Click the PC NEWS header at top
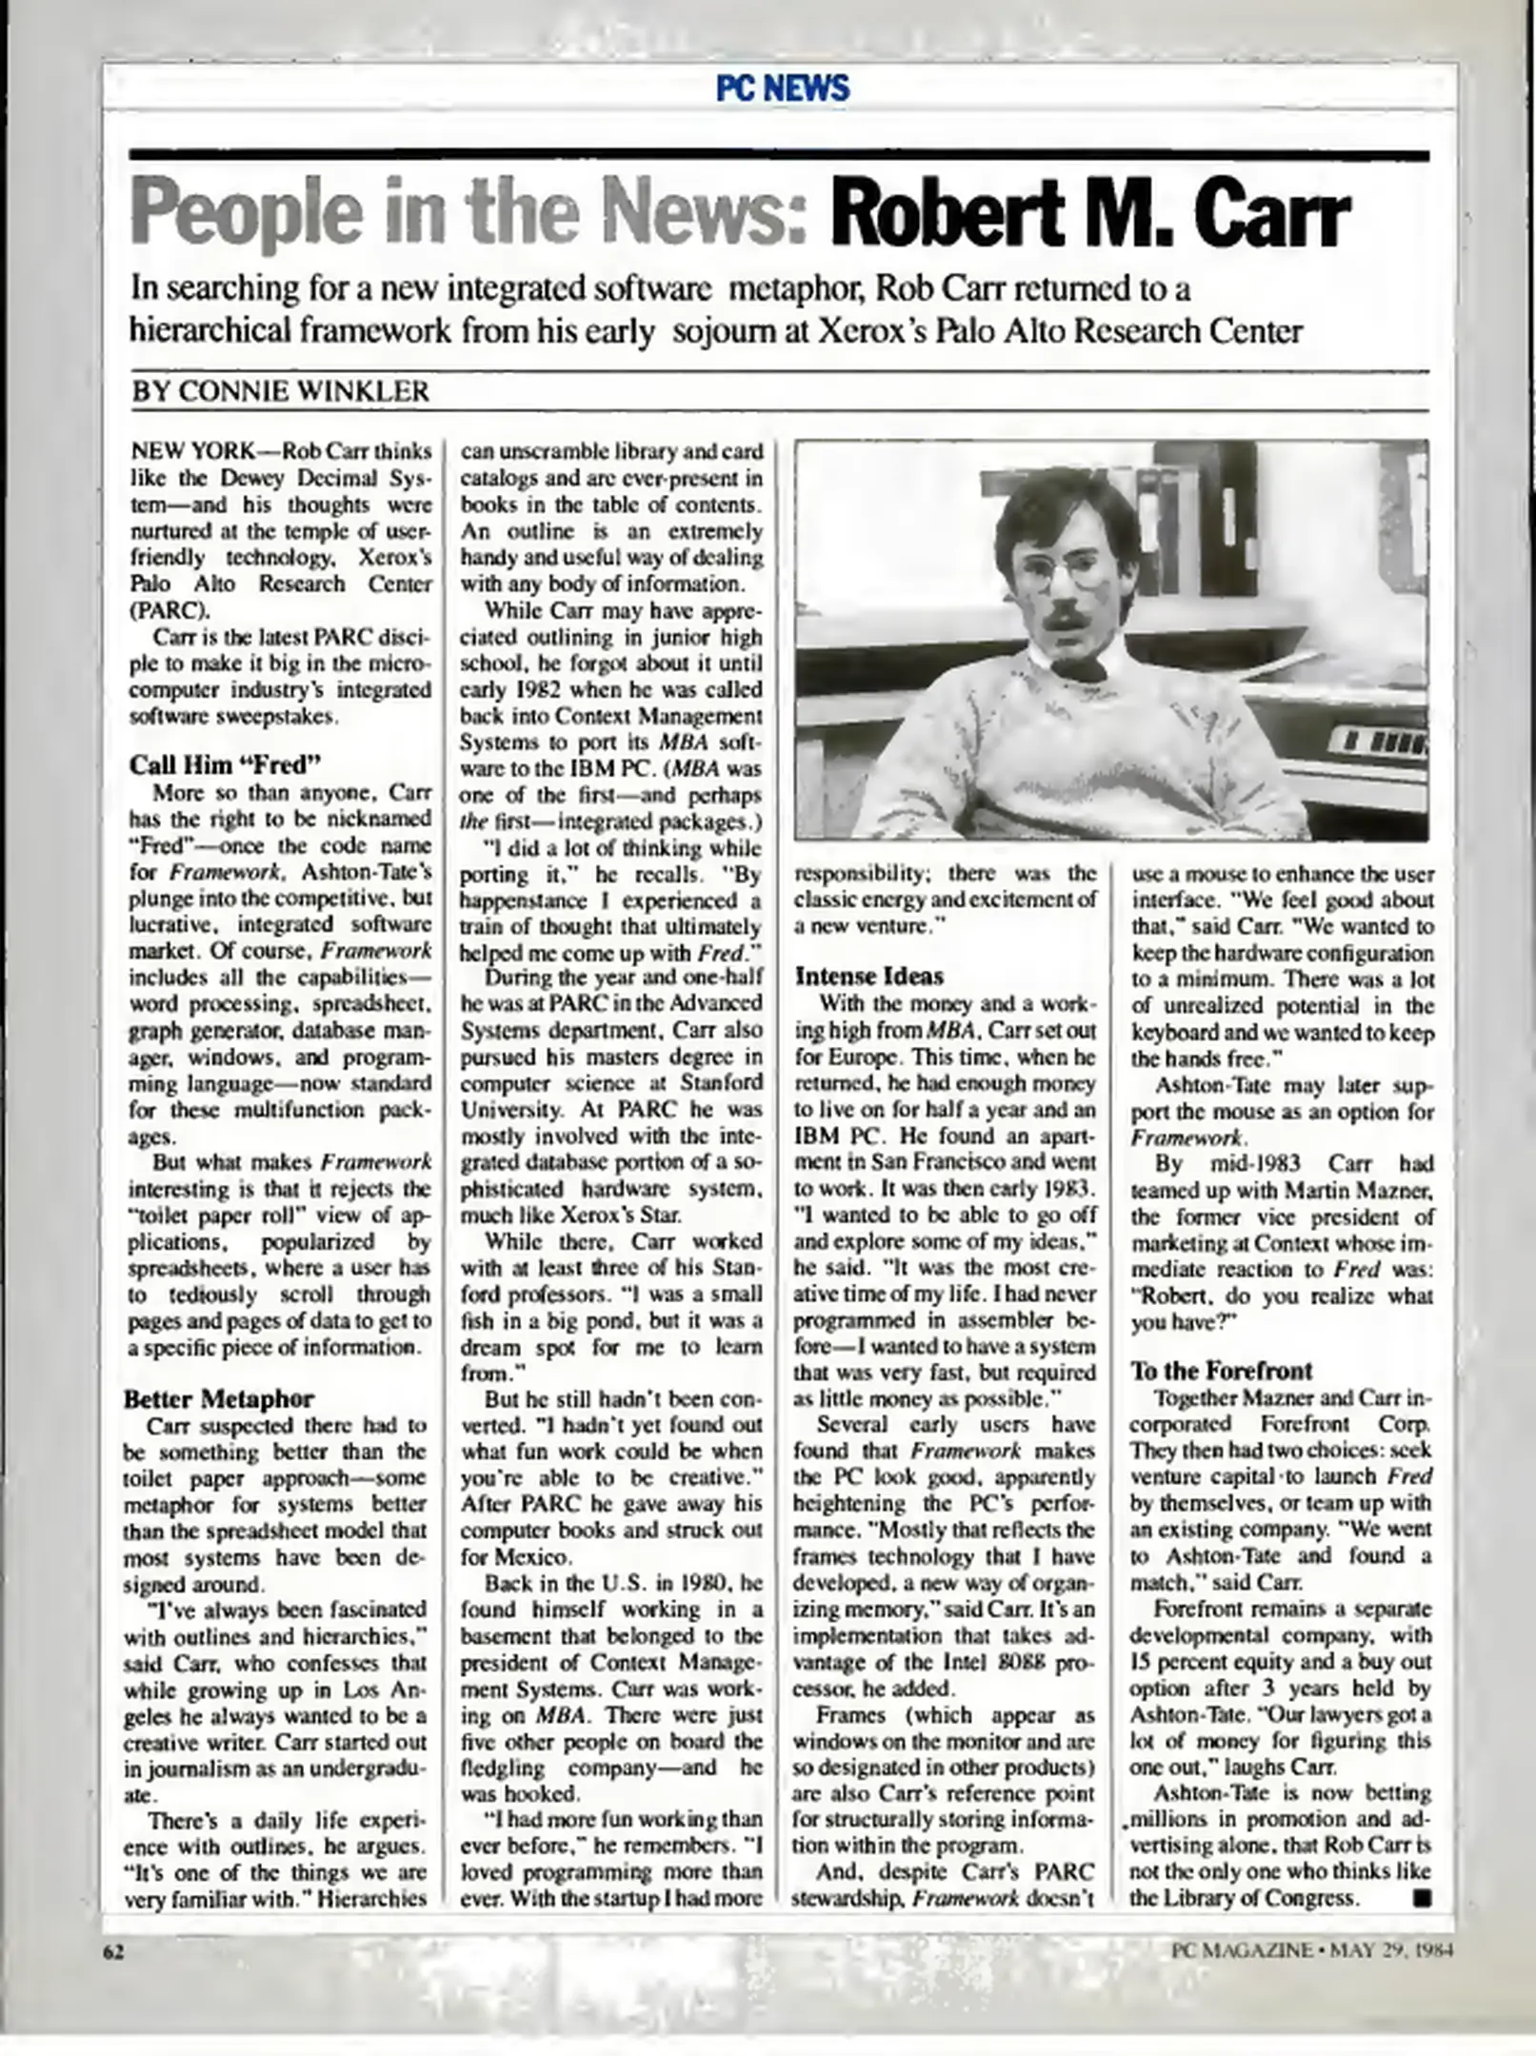[x=781, y=89]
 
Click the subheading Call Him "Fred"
[x=225, y=764]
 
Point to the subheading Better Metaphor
[x=219, y=1398]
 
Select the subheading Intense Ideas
[x=868, y=976]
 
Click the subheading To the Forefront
[x=1221, y=1371]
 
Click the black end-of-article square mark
[x=1423, y=1899]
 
